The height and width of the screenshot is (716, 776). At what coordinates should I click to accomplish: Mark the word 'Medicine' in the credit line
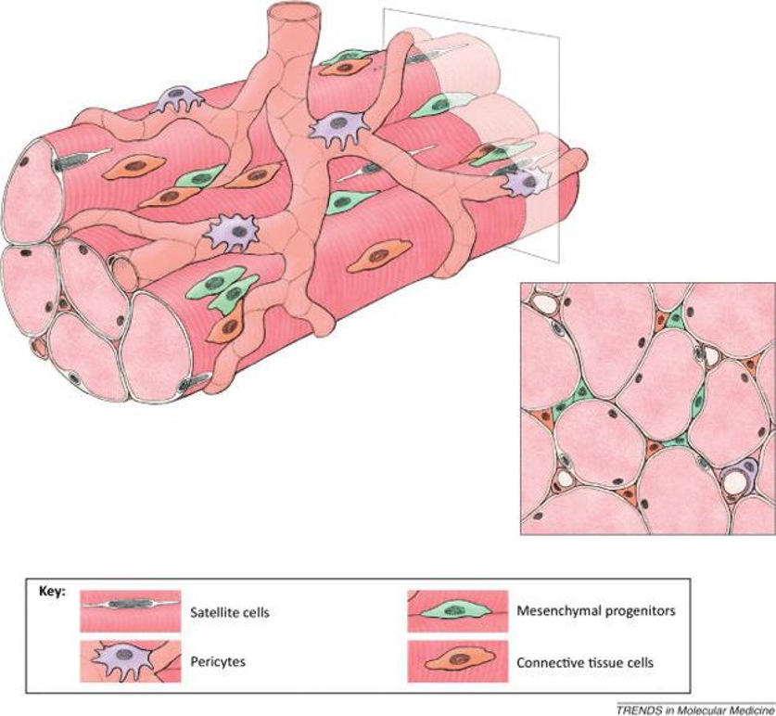753,709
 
